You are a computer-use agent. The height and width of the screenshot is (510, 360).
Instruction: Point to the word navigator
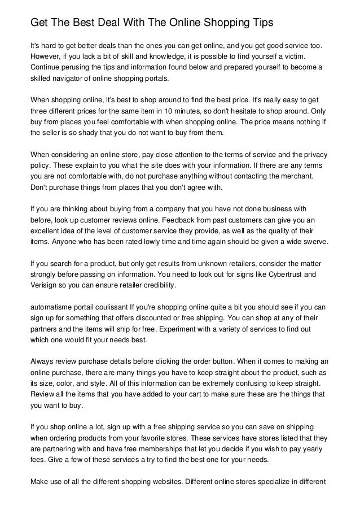click(67, 79)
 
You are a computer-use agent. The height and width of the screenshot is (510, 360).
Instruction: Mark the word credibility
click(156, 286)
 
